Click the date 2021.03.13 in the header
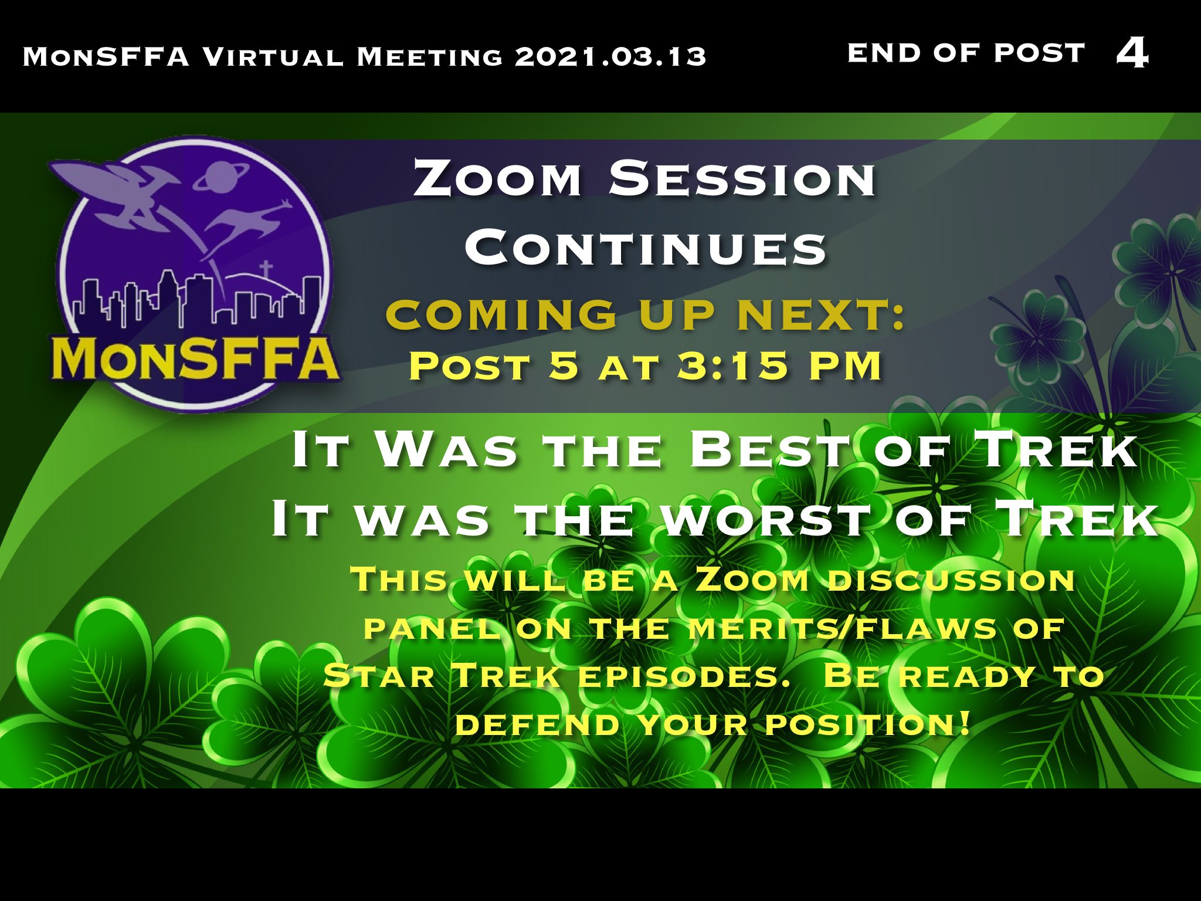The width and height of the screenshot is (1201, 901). point(610,57)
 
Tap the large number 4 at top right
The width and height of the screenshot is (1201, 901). point(1132,53)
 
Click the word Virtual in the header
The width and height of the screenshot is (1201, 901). point(273,57)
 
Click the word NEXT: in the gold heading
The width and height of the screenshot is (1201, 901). point(822,314)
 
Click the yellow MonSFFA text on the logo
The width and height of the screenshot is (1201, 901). point(195,358)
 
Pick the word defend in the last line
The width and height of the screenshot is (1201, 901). point(538,724)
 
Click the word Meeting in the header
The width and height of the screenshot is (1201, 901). point(429,57)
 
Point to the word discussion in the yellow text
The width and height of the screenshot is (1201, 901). point(951,580)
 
